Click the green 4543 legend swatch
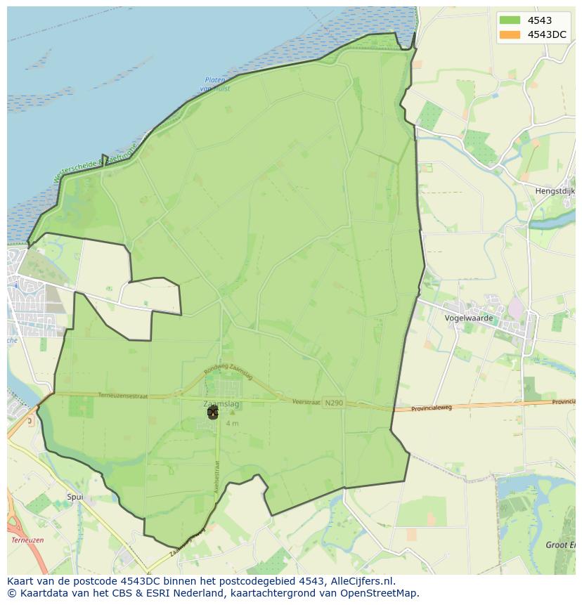510,20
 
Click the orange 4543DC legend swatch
510,34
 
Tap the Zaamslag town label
219,404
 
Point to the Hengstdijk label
556,190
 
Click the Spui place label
75,497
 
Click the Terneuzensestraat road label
123,396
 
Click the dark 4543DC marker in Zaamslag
212,412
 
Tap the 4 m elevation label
232,424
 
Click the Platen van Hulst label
215,84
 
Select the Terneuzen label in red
28,540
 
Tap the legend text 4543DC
547,34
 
